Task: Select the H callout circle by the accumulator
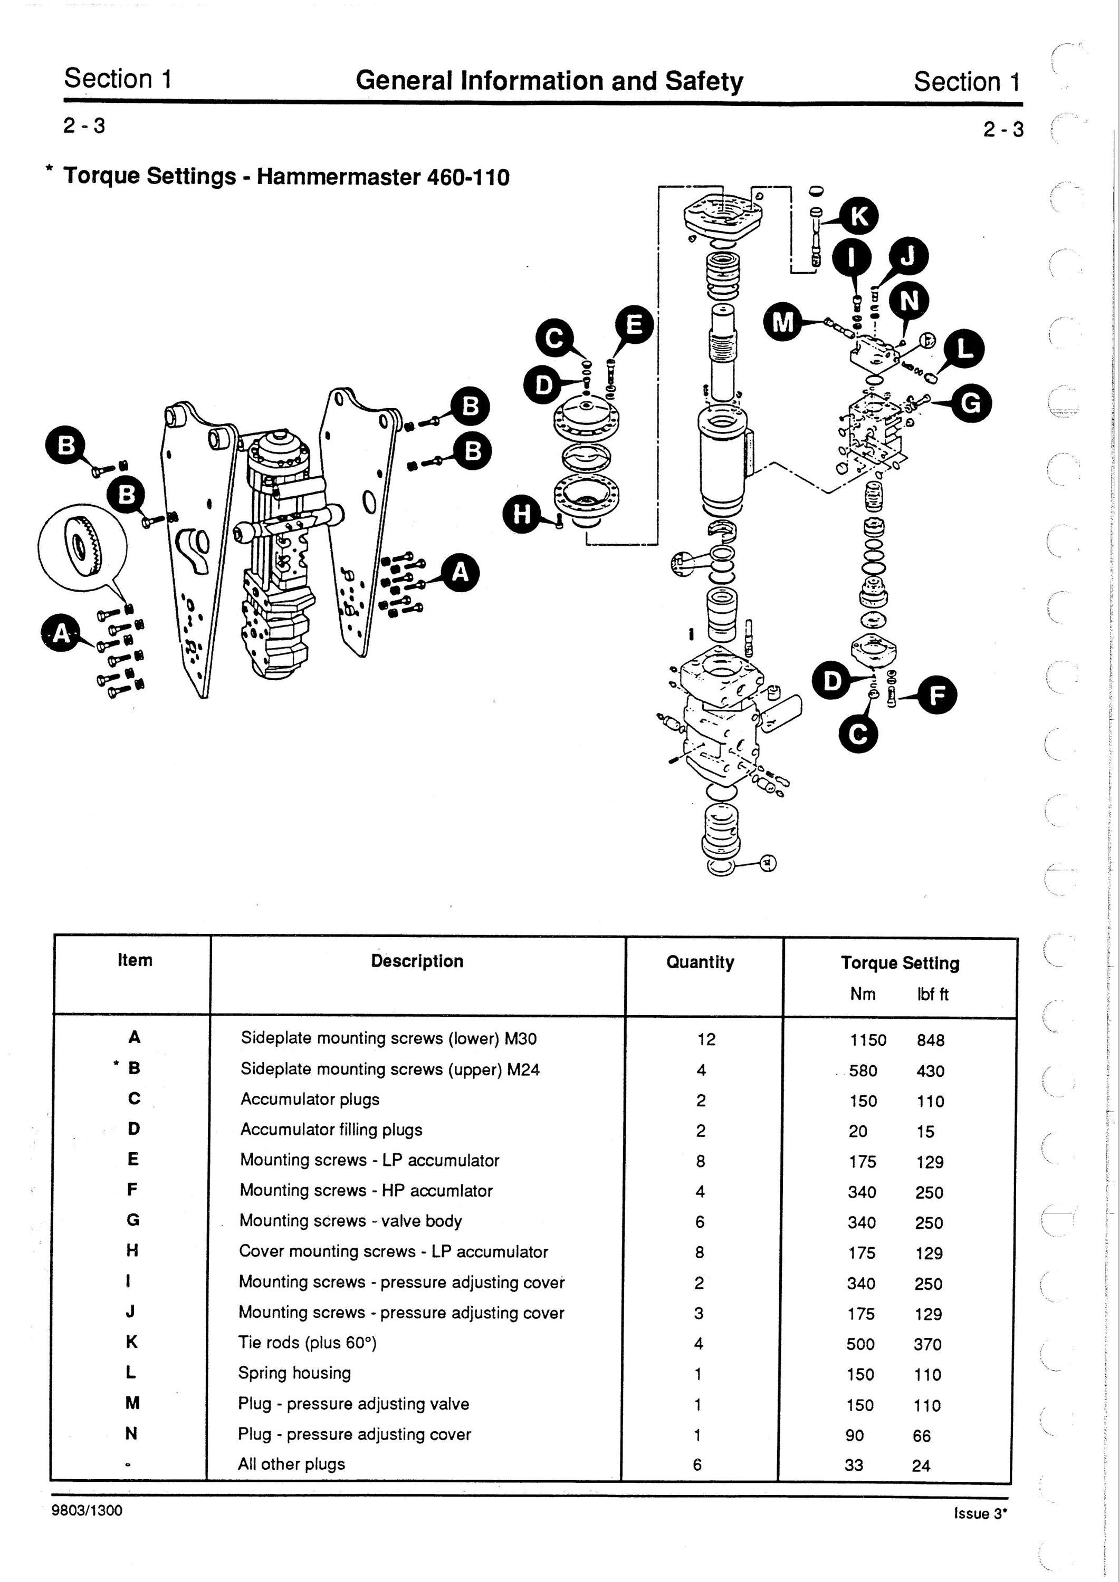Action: pyautogui.click(x=523, y=513)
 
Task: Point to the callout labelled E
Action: pyautogui.click(x=634, y=324)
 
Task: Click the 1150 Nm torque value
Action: pyautogui.click(x=868, y=1040)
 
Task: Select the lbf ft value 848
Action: pyautogui.click(x=930, y=1040)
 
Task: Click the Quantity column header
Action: pyautogui.click(x=700, y=962)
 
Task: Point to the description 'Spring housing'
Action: pyautogui.click(x=294, y=1373)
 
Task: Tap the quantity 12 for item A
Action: pyautogui.click(x=706, y=1039)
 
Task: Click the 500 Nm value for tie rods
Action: pyautogui.click(x=860, y=1344)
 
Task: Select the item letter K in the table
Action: pyautogui.click(x=132, y=1342)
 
